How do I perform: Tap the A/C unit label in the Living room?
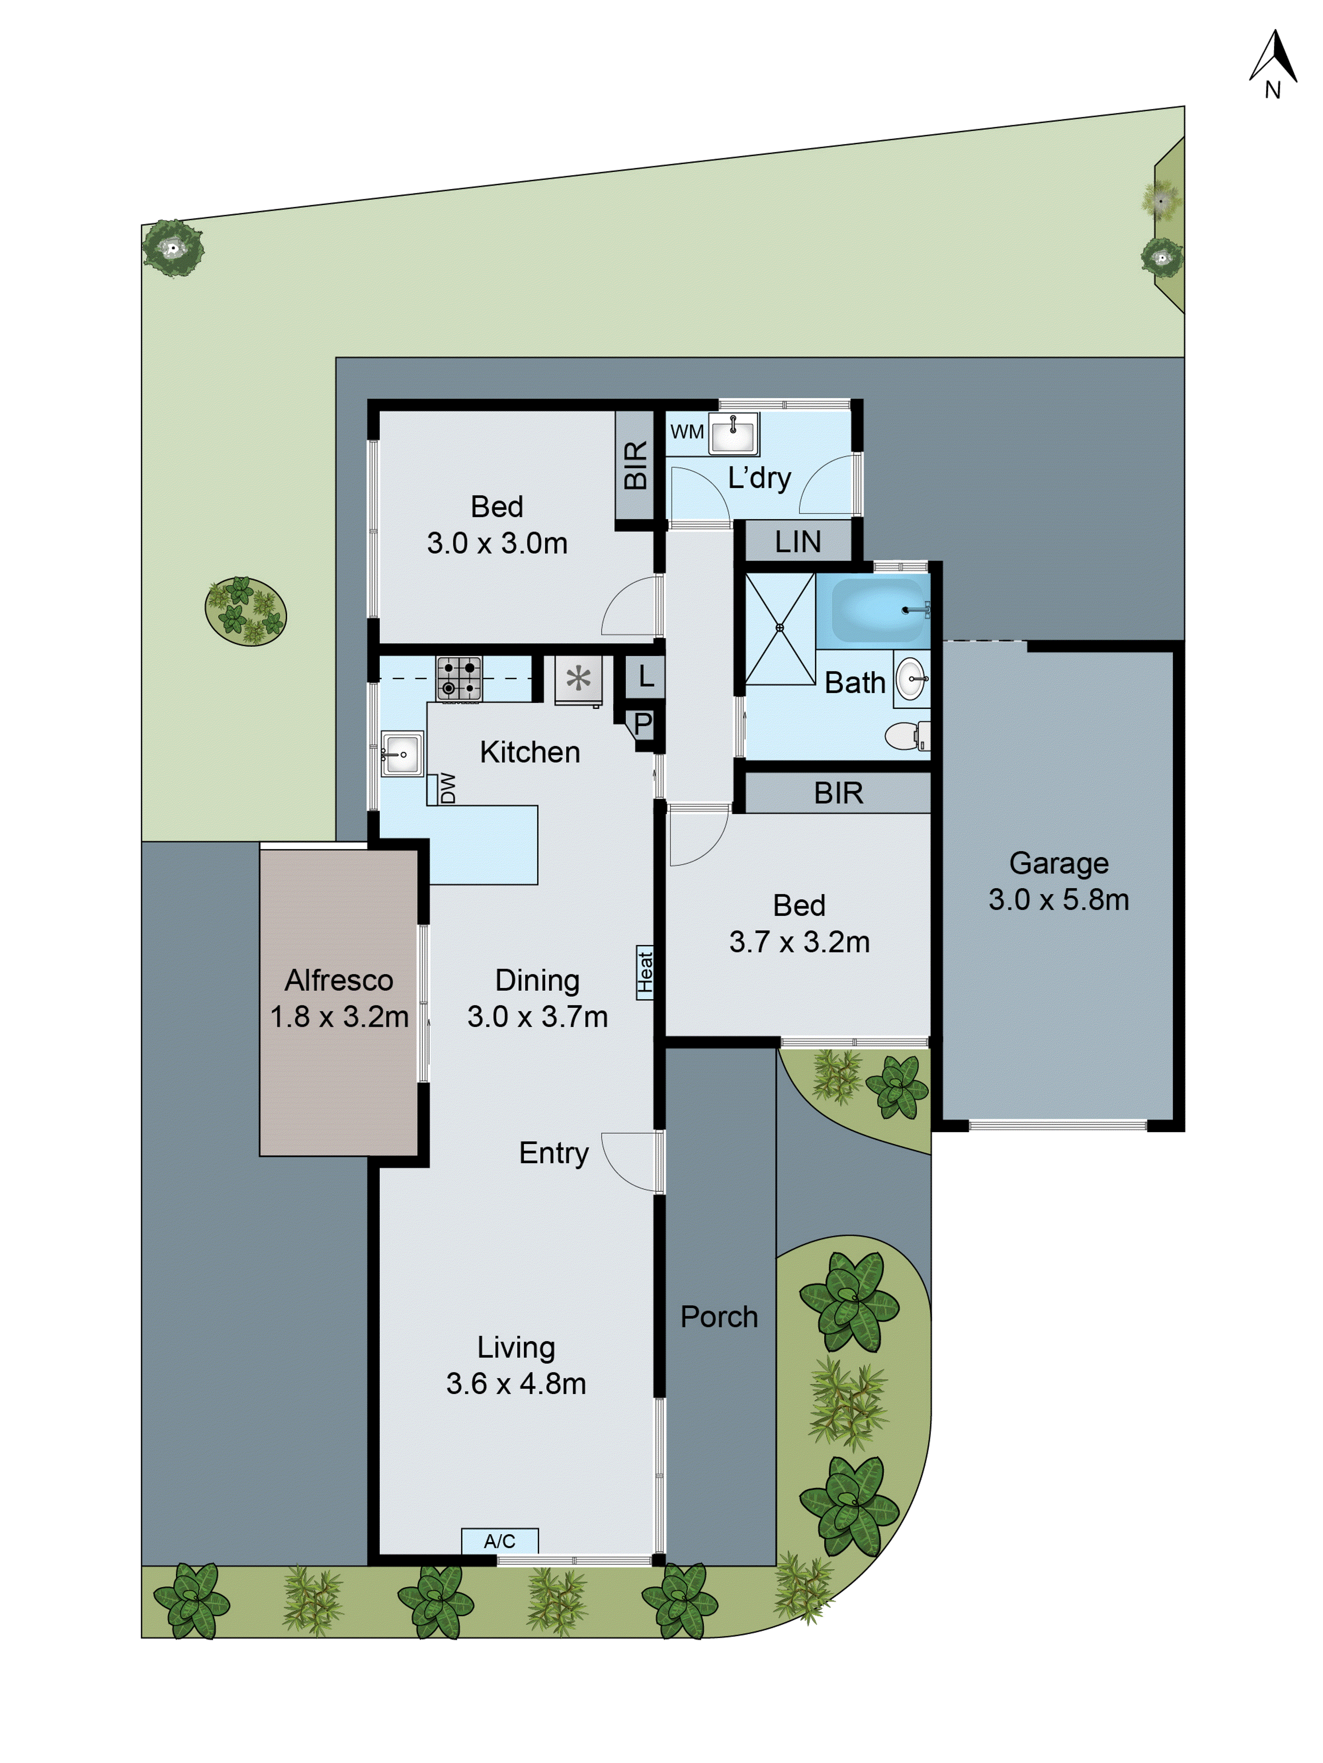pos(499,1541)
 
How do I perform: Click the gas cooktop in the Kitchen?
pos(459,678)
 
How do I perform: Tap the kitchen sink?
pos(402,753)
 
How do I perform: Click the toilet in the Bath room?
pos(907,736)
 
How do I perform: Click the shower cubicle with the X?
pos(779,628)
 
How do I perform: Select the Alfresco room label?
pos(339,980)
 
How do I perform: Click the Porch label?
pos(718,1317)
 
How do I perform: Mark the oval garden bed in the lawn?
pos(246,612)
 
